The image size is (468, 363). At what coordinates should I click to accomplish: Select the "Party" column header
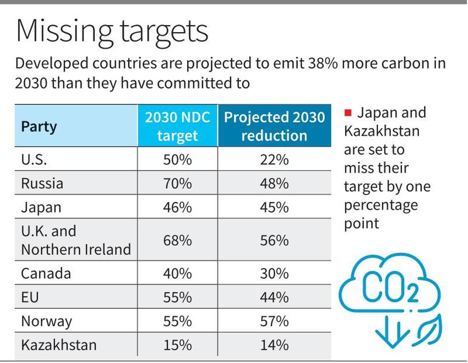pyautogui.click(x=39, y=126)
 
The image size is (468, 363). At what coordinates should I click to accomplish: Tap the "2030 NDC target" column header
pyautogui.click(x=177, y=126)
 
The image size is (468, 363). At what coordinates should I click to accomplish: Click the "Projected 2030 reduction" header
pyautogui.click(x=274, y=126)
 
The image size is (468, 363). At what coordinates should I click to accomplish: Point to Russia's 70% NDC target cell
pyautogui.click(x=177, y=183)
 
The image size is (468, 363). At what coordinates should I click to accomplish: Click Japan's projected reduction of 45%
pyautogui.click(x=274, y=207)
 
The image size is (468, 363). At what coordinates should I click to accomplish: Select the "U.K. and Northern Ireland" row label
pyautogui.click(x=76, y=240)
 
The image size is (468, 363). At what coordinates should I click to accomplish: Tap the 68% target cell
pyautogui.click(x=177, y=240)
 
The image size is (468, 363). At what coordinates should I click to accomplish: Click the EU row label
pyautogui.click(x=30, y=297)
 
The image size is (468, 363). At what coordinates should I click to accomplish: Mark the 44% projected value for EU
pyautogui.click(x=274, y=297)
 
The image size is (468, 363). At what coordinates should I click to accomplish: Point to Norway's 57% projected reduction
pyautogui.click(x=274, y=321)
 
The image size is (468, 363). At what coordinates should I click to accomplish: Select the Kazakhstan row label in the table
pyautogui.click(x=58, y=345)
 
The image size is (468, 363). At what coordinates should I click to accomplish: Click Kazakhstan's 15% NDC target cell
pyautogui.click(x=177, y=345)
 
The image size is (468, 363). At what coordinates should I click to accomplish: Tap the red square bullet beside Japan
pyautogui.click(x=348, y=113)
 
